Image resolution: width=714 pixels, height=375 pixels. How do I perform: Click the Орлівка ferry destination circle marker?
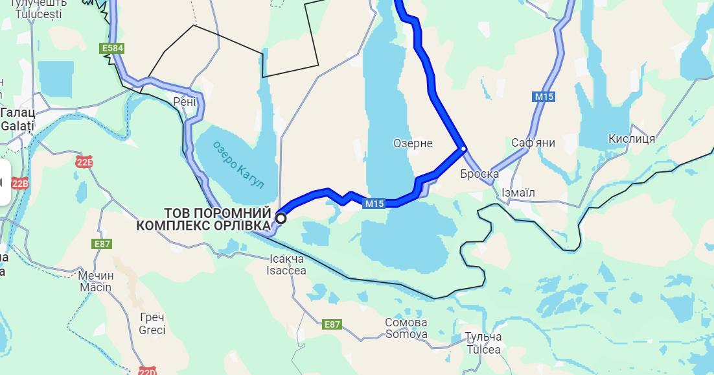tap(281, 219)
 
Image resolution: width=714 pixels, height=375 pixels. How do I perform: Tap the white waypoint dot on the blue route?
tap(463, 149)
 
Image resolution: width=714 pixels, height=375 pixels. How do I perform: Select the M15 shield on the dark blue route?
tap(374, 204)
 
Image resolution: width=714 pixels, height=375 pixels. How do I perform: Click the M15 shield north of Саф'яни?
tap(544, 97)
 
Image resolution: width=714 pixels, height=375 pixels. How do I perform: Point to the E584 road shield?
tap(111, 48)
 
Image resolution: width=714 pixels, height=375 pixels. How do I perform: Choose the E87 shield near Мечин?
tap(102, 244)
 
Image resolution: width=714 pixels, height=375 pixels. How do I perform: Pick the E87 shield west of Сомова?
tap(332, 324)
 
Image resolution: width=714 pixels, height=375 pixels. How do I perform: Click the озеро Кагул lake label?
tap(239, 165)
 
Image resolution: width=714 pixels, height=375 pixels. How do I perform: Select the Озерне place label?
tap(413, 143)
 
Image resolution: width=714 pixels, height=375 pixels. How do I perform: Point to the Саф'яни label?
tap(533, 143)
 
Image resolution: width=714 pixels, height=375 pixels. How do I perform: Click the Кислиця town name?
tap(632, 139)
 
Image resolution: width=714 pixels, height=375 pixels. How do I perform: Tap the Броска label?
tap(479, 174)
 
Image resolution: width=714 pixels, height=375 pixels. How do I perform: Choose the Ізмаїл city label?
tap(518, 193)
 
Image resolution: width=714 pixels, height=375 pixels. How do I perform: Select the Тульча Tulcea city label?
tap(483, 343)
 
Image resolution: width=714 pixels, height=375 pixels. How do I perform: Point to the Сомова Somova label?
tap(406, 328)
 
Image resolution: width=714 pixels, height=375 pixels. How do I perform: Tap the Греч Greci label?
tap(152, 324)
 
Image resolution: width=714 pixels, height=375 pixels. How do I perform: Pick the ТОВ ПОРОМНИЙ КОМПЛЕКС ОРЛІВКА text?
tap(203, 219)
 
